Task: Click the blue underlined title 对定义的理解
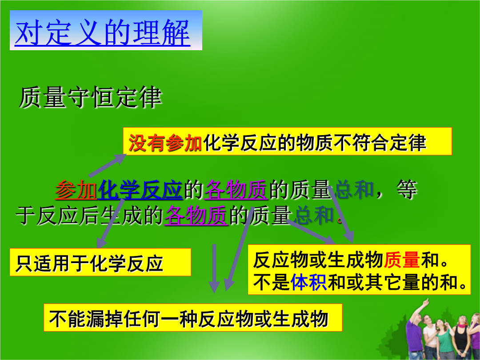tap(103, 33)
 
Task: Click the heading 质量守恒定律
tap(90, 98)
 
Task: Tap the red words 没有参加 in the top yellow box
tap(165, 142)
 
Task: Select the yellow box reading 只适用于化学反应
tap(100, 262)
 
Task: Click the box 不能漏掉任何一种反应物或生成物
tap(192, 318)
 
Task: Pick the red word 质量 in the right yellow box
tap(402, 260)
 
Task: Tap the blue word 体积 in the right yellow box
tap(308, 282)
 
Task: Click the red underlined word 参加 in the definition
tap(76, 190)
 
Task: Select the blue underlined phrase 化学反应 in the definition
tap(140, 190)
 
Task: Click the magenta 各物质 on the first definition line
tap(236, 190)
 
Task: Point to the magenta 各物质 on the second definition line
tap(196, 215)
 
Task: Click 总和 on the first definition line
tap(354, 190)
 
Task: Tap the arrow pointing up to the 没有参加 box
tap(107, 165)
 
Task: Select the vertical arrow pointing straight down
tap(214, 268)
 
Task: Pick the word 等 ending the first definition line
tap(407, 190)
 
